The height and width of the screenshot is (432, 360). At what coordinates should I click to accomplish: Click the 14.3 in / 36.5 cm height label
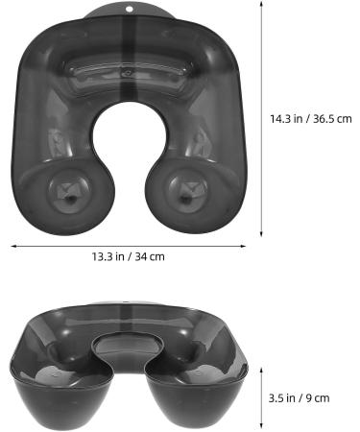click(x=311, y=119)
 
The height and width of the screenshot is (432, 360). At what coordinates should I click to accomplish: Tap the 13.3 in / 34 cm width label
click(x=128, y=256)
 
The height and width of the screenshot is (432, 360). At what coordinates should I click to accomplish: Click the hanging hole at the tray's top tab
click(x=132, y=11)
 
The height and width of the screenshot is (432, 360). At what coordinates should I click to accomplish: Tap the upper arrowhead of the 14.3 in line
click(x=263, y=5)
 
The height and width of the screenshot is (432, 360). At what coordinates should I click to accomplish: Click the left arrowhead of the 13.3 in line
click(x=13, y=245)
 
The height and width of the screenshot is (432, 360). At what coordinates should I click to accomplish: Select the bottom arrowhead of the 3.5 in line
click(x=263, y=428)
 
